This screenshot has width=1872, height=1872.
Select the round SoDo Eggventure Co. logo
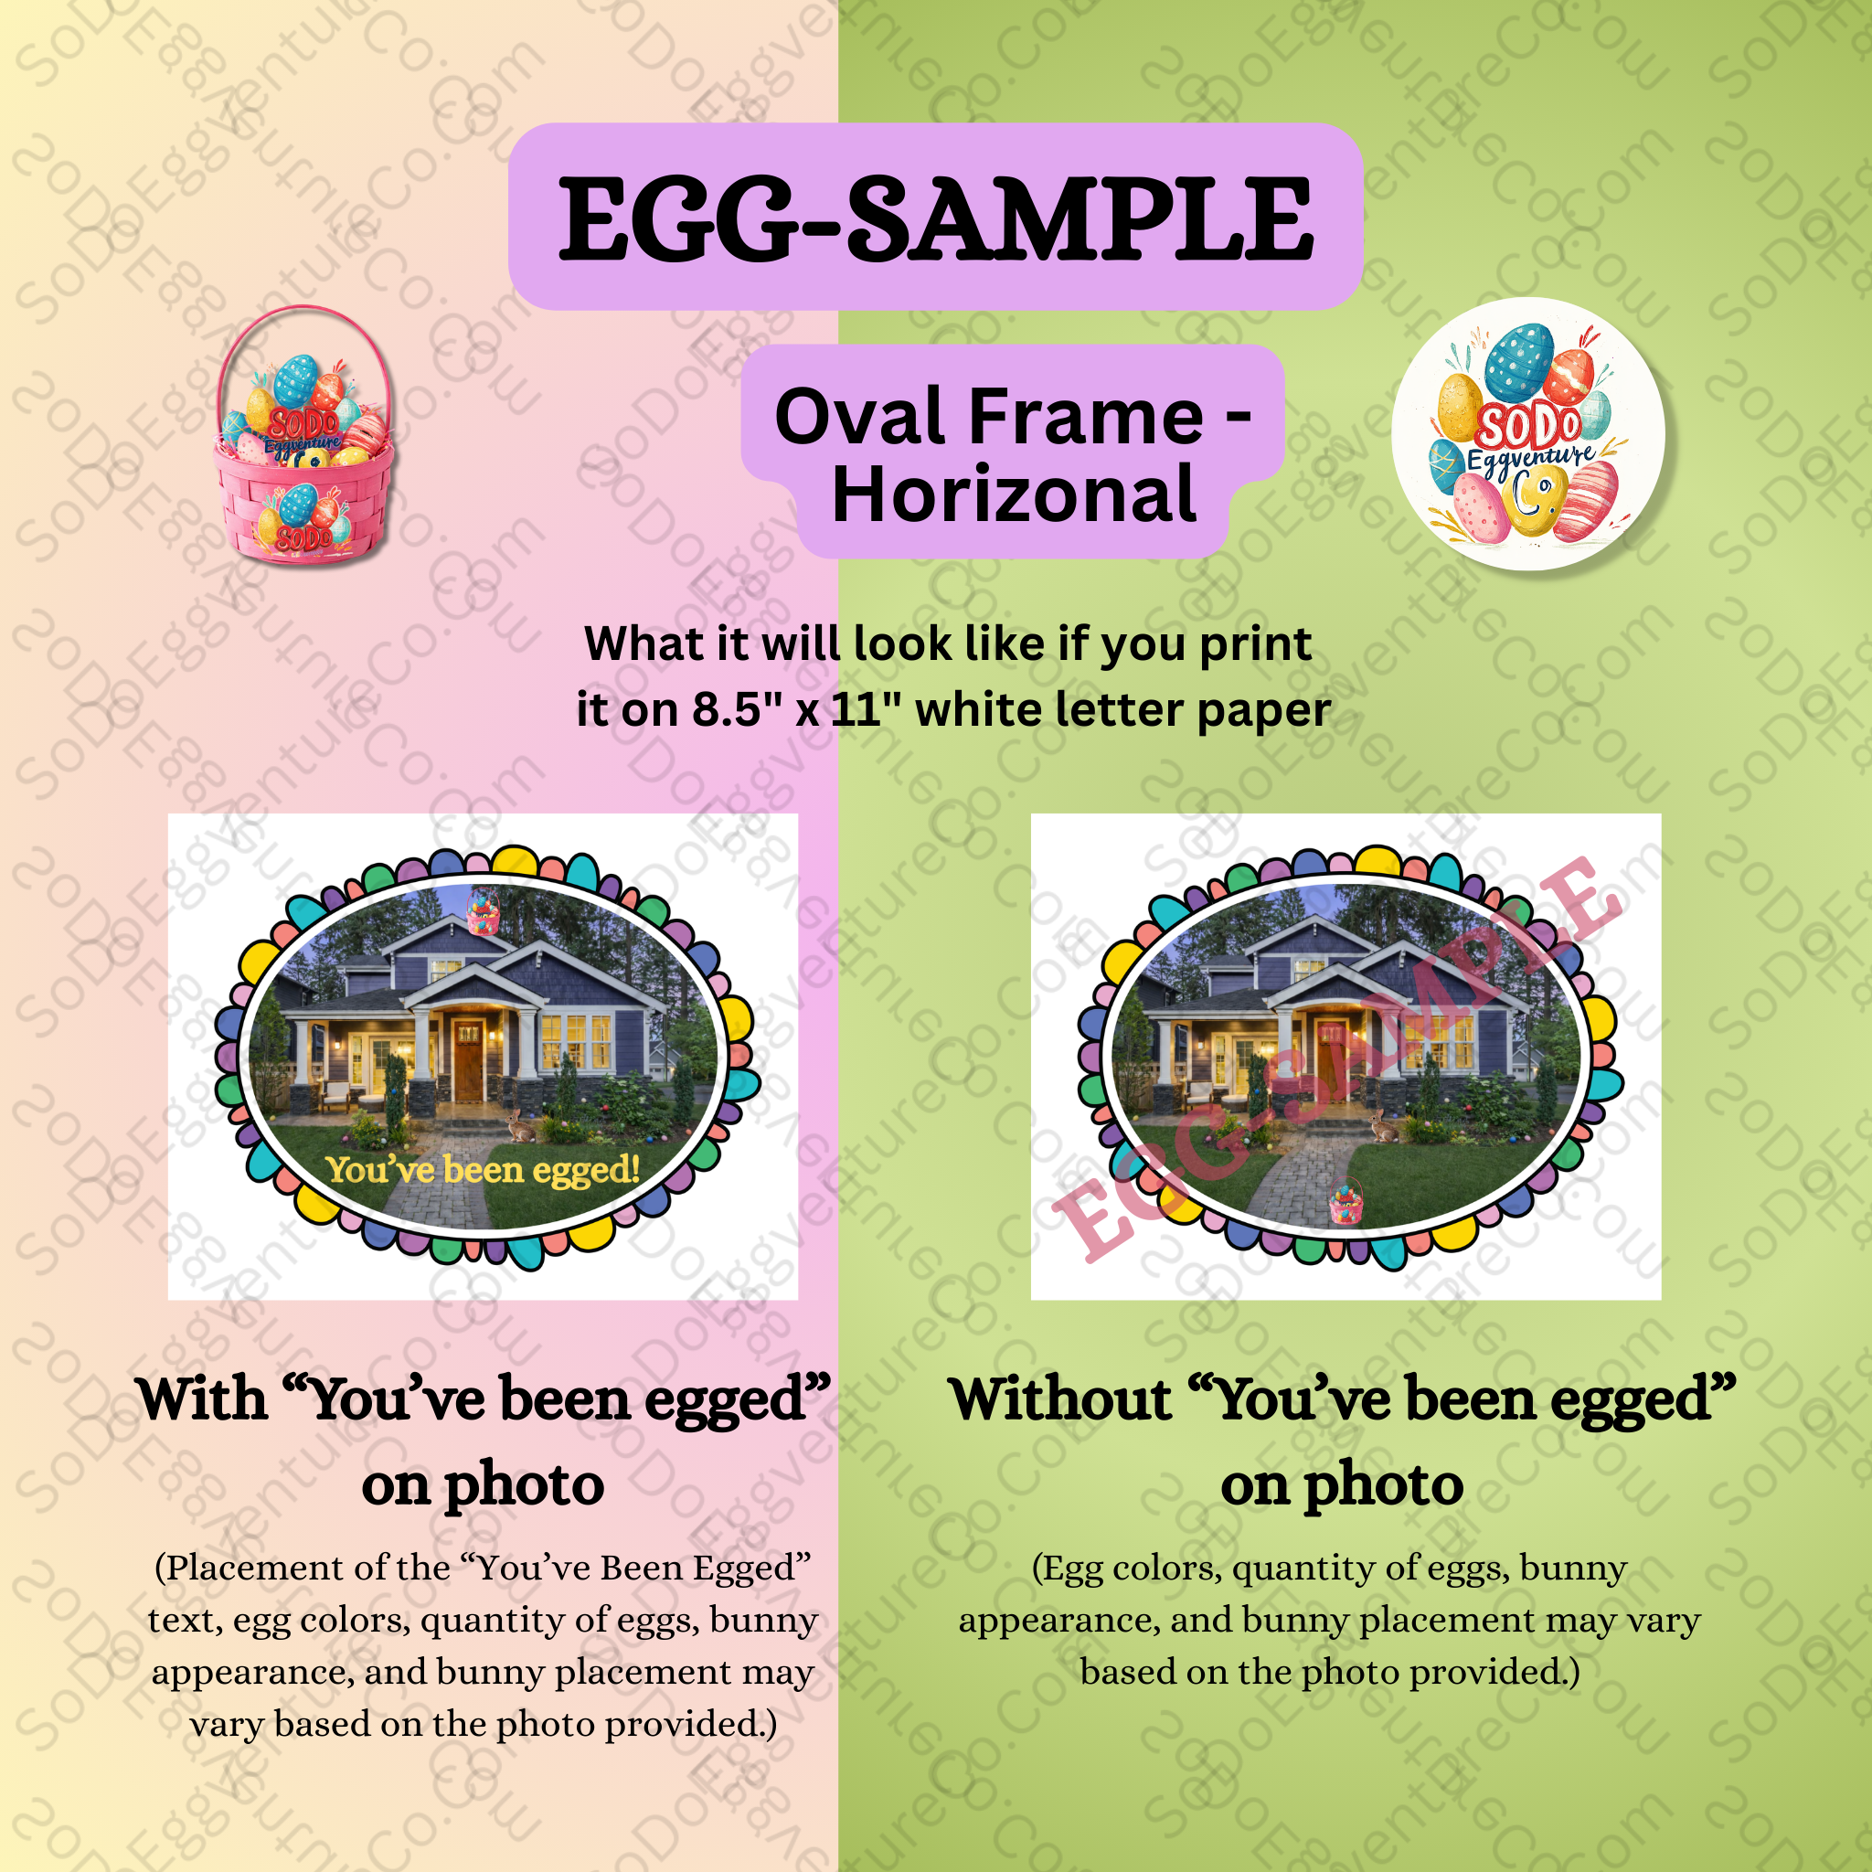click(1528, 433)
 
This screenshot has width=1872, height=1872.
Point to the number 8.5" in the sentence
click(727, 710)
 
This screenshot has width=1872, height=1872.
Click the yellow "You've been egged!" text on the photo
click(483, 1171)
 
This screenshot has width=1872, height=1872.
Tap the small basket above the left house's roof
click(483, 911)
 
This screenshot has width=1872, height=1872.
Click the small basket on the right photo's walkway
click(1345, 1201)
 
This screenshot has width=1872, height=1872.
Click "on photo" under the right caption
click(1341, 1484)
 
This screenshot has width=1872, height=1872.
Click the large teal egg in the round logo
click(1518, 362)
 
